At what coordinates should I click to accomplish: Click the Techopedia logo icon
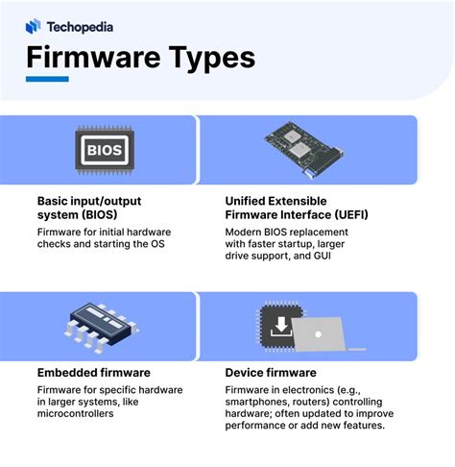click(x=34, y=26)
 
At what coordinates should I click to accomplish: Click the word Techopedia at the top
click(x=83, y=26)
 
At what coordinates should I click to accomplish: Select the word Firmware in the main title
click(x=86, y=57)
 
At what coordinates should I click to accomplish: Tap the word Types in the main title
click(x=205, y=57)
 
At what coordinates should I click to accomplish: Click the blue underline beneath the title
click(x=47, y=79)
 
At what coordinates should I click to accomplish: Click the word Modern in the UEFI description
click(x=247, y=233)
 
